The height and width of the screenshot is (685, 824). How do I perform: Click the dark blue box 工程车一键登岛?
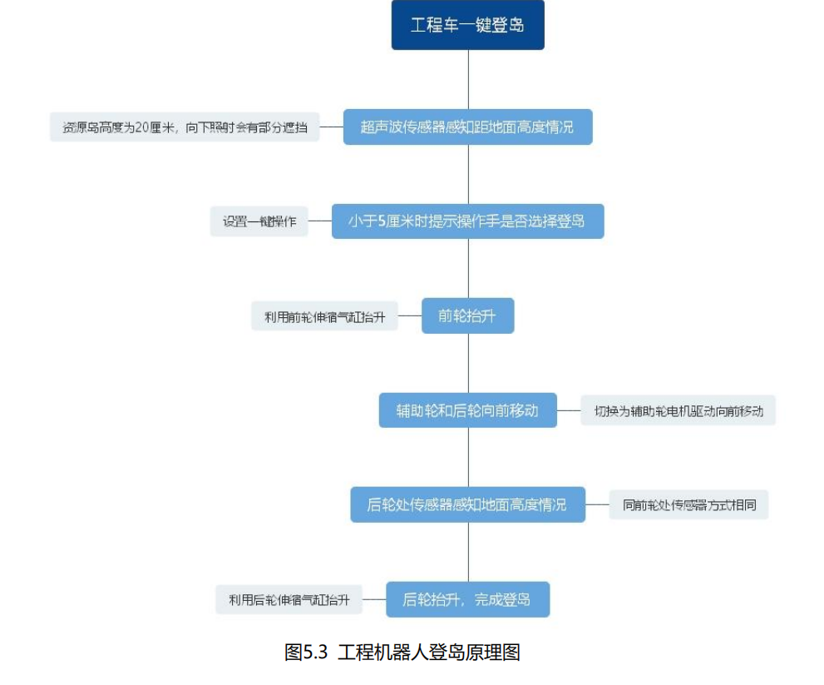(467, 25)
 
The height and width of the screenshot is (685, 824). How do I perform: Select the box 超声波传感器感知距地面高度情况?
(467, 127)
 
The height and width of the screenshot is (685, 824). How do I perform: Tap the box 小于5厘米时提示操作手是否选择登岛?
(467, 221)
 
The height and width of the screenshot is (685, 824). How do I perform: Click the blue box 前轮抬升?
(467, 315)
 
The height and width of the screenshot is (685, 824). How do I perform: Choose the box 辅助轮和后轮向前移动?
(467, 410)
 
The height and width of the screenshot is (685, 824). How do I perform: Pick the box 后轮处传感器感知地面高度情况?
(467, 504)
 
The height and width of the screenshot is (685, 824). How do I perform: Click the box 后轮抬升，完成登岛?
(467, 599)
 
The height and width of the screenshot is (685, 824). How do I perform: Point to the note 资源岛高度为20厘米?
(185, 127)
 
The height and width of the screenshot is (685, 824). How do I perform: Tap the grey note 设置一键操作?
(259, 221)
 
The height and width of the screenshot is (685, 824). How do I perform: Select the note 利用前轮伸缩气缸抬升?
(324, 315)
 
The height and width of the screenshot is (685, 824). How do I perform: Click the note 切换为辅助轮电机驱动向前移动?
(678, 410)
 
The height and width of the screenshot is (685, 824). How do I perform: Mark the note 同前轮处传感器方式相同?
(688, 504)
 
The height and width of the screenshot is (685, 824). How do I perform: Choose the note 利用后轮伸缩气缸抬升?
(289, 599)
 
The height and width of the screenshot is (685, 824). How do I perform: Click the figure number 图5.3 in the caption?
(306, 652)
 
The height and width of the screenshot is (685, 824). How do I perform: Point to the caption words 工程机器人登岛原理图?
(429, 652)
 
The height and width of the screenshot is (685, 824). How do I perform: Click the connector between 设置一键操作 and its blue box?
(319, 221)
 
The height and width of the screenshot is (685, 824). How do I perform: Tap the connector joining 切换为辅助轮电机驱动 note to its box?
(569, 410)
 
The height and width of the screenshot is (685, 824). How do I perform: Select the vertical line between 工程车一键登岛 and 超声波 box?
(468, 79)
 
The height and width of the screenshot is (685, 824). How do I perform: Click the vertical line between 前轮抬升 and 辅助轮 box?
(468, 363)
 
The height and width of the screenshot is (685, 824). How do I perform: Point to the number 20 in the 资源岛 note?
(141, 127)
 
